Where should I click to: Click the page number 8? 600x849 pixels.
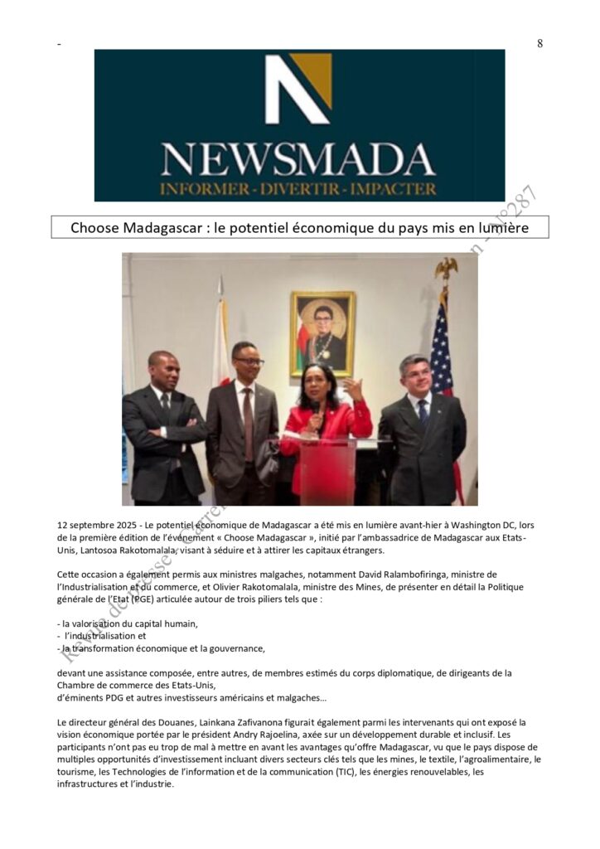(x=540, y=43)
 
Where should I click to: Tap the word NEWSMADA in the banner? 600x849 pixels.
(x=298, y=159)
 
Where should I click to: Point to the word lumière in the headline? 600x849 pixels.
(x=501, y=227)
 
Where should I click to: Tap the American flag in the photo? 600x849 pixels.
(x=441, y=348)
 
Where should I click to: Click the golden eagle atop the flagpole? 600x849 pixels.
(x=446, y=269)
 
